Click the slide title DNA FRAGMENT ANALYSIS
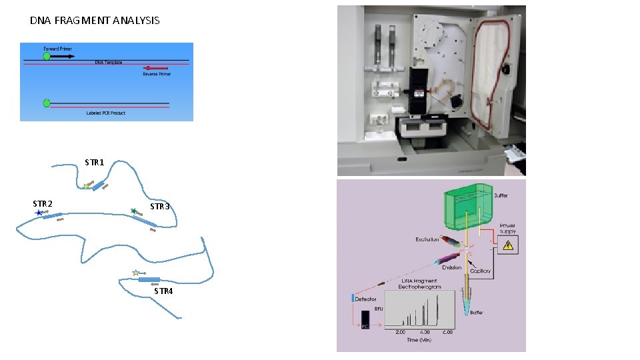(x=95, y=21)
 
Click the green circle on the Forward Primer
(x=47, y=57)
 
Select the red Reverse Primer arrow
(x=154, y=67)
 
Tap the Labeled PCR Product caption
(x=105, y=113)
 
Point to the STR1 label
(x=94, y=162)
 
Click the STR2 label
(x=43, y=203)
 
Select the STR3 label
(x=160, y=207)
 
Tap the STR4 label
(x=163, y=291)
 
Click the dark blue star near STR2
(x=39, y=213)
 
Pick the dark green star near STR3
(x=133, y=211)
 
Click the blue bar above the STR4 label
(x=149, y=279)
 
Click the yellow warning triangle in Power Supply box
(x=509, y=245)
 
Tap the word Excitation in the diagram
(x=427, y=239)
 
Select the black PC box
(x=365, y=325)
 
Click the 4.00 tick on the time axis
(x=425, y=331)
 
